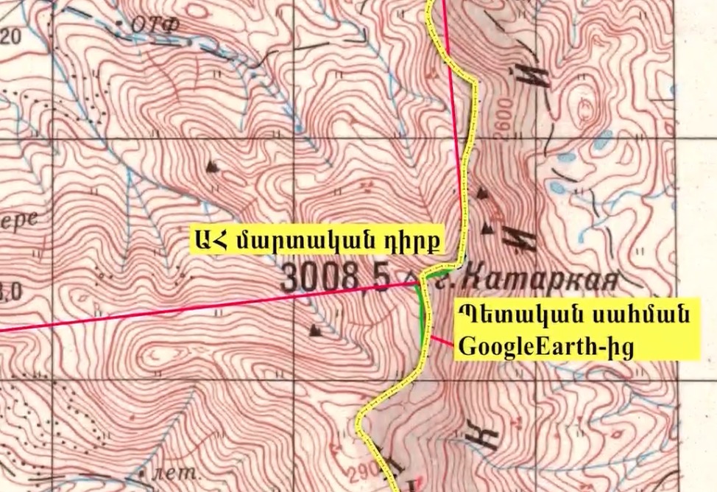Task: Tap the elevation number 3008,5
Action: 336,278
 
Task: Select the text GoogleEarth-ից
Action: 545,345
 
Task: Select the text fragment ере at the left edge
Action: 18,219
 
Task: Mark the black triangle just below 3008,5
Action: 315,330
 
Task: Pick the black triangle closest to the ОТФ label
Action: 213,166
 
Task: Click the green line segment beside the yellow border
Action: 421,317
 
